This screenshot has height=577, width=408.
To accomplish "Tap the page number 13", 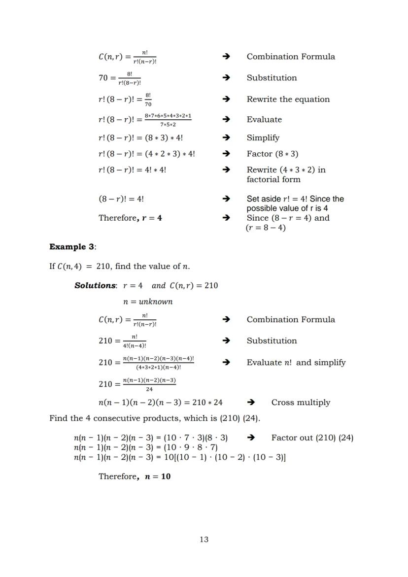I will (204, 540).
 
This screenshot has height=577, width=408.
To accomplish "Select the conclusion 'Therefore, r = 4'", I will (130, 218).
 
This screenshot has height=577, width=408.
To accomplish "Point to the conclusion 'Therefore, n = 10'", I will (135, 476).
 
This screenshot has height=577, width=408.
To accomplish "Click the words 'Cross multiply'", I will (301, 403).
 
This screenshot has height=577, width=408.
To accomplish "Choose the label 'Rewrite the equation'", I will (288, 99).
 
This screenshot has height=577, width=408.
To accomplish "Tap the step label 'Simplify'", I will (263, 138).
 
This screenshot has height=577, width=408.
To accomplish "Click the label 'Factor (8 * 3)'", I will (272, 154).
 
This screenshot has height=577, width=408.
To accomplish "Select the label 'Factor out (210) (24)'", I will (312, 438).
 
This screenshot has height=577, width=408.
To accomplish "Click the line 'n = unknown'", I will (147, 302).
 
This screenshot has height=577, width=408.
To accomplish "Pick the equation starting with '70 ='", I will (120, 78).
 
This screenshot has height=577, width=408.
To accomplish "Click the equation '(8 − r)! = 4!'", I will (121, 199).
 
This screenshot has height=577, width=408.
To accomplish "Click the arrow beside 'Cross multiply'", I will (251, 403).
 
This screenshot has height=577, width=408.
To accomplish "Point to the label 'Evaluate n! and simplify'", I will (296, 363).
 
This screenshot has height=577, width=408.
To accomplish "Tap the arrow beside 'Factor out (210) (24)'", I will (251, 438).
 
